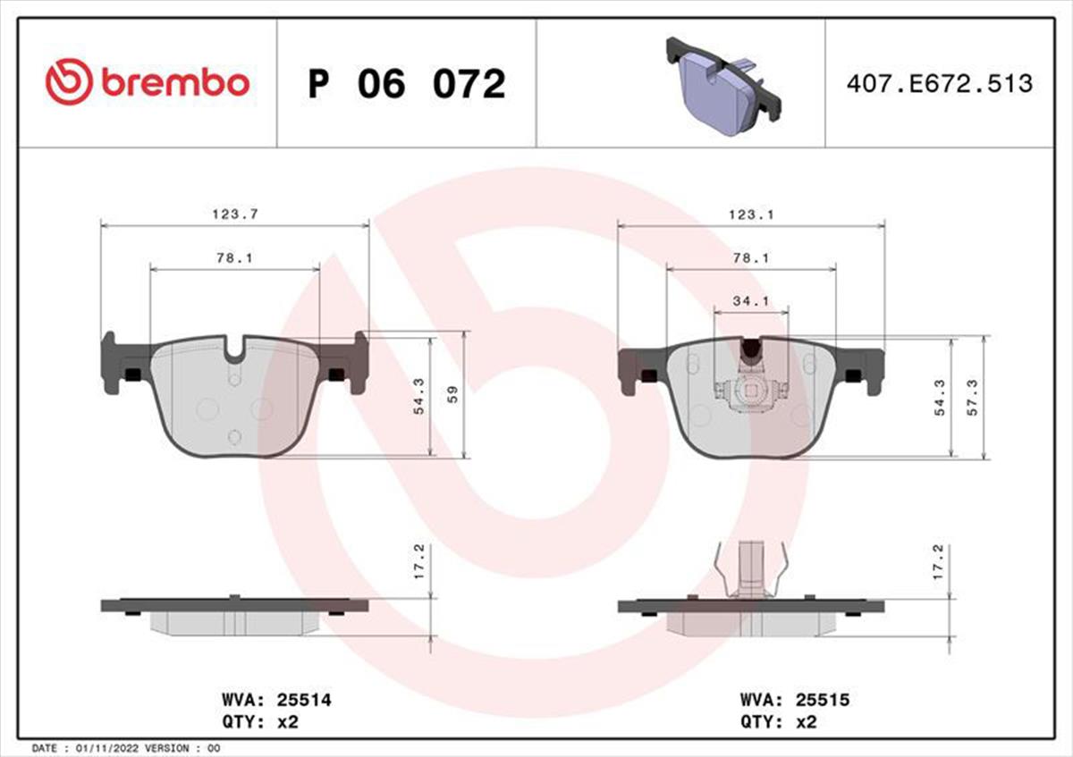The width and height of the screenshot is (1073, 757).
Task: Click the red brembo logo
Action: (148, 82)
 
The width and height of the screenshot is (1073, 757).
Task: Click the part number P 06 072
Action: (407, 84)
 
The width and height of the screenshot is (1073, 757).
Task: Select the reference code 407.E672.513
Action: (940, 83)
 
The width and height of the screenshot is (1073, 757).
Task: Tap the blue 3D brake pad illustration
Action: (723, 86)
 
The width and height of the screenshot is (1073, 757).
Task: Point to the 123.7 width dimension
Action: (235, 214)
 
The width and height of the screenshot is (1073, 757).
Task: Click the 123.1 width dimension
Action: (751, 215)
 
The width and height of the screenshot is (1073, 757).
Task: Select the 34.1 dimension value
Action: (751, 301)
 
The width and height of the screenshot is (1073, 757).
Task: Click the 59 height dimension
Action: (452, 394)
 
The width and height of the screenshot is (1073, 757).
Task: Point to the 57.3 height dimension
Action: (973, 397)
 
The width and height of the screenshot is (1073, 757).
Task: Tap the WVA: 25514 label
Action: (276, 700)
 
